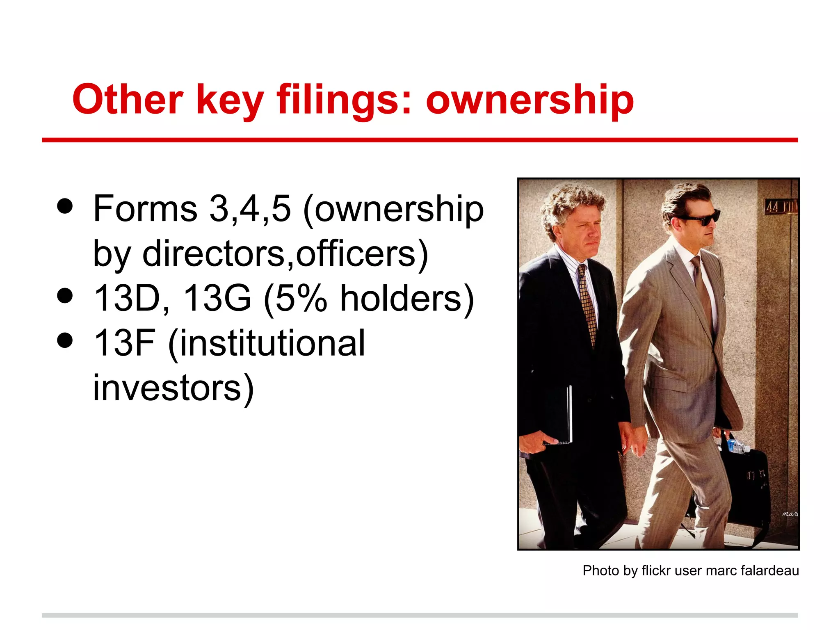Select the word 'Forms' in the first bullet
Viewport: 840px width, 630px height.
[x=145, y=209]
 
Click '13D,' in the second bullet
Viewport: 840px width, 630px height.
[x=131, y=298]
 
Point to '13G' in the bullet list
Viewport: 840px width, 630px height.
[x=217, y=298]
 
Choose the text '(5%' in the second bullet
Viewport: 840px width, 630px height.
[x=295, y=299]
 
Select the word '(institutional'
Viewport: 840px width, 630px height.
[x=266, y=344]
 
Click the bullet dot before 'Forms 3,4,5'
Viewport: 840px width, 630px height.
[x=65, y=206]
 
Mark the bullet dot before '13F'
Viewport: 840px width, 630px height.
[x=65, y=340]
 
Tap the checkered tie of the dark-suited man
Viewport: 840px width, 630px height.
[x=587, y=304]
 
